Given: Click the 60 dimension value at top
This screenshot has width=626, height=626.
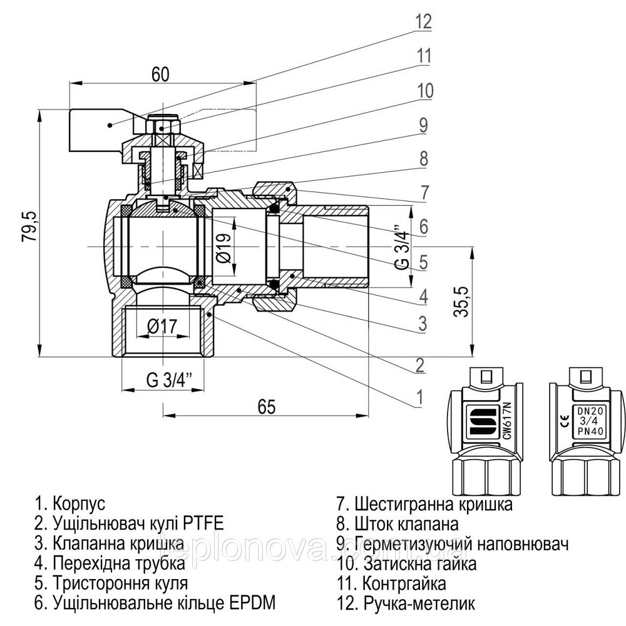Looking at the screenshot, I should pyautogui.click(x=160, y=74).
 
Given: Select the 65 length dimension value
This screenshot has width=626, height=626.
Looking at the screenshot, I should pyautogui.click(x=266, y=407).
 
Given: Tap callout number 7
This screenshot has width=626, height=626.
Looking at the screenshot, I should pyautogui.click(x=424, y=192).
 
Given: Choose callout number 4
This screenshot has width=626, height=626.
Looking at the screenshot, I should pyautogui.click(x=424, y=294).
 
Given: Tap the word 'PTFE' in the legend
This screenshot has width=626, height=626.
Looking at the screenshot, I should pyautogui.click(x=203, y=523).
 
